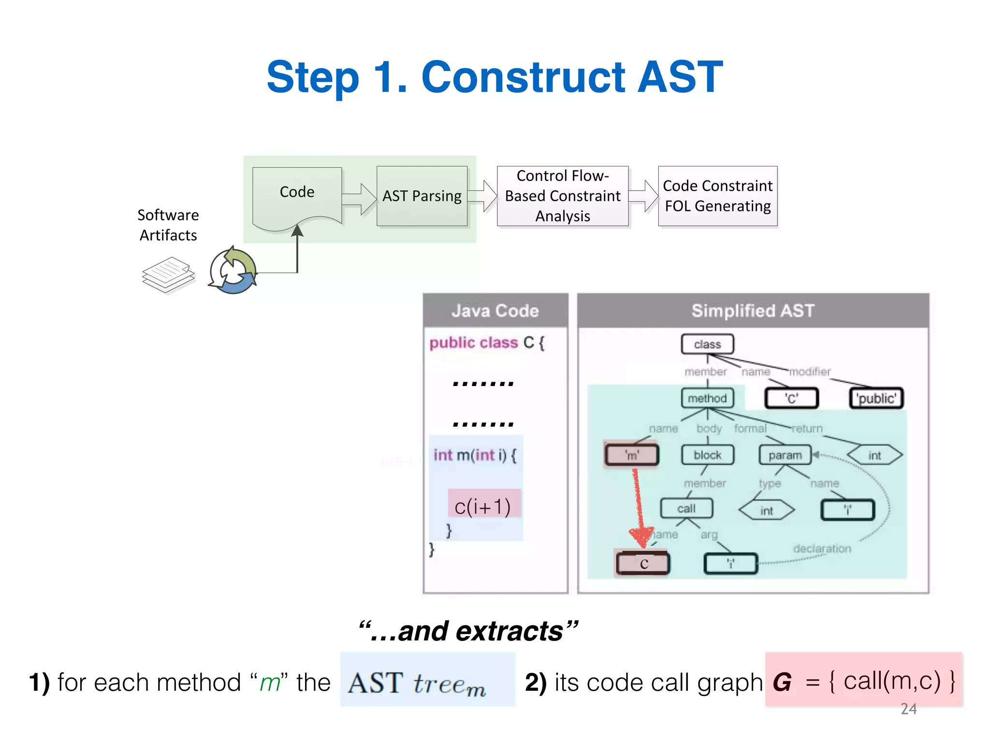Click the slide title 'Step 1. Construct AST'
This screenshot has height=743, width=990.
494,77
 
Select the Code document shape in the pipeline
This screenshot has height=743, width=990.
297,196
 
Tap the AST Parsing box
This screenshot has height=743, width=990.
422,196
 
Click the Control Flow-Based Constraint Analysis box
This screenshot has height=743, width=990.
562,196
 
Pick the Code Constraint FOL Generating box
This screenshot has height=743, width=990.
717,196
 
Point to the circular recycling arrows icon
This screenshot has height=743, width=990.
233,271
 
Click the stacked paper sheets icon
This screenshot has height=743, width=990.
168,275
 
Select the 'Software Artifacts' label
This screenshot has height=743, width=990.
168,225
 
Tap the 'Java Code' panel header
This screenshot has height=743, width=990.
495,311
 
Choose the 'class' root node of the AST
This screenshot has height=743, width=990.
707,344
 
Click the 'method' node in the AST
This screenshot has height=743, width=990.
707,398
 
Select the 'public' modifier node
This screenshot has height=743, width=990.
876,399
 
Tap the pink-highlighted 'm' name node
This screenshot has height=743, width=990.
631,455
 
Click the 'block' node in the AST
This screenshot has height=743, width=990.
707,455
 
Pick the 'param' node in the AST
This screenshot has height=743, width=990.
785,455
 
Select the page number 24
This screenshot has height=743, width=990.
908,709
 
